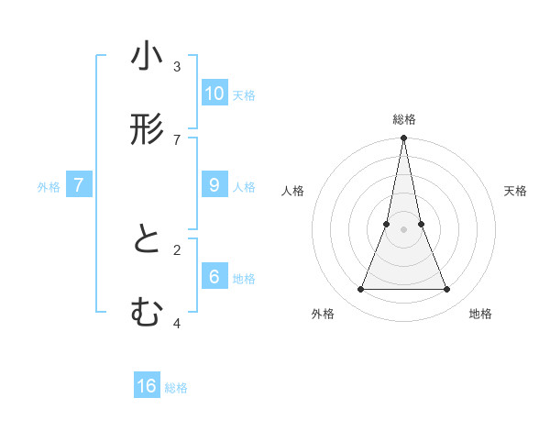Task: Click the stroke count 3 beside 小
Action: point(177,66)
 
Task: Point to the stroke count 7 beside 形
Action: point(177,139)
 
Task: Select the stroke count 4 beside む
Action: point(177,323)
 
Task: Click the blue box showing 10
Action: point(214,93)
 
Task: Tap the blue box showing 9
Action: point(214,184)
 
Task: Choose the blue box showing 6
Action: point(214,276)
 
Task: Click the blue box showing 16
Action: point(147,386)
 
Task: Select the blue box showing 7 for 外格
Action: point(79,184)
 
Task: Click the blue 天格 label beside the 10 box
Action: point(244,95)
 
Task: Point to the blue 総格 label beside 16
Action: point(176,389)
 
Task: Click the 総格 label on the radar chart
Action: point(404,119)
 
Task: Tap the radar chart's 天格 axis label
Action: point(515,191)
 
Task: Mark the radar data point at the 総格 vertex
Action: point(404,138)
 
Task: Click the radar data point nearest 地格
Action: point(447,290)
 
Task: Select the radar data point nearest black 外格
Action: point(360,290)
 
